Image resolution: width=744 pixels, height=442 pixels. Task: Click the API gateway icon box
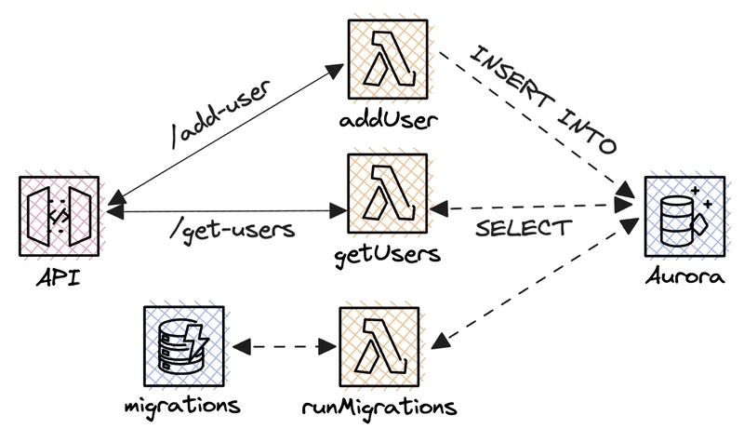(60, 217)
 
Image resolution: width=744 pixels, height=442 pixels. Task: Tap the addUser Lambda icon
(388, 60)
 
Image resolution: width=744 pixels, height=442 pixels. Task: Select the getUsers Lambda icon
(388, 194)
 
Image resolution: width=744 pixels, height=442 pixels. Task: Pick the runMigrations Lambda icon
(379, 346)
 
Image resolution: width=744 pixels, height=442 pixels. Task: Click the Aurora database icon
(684, 217)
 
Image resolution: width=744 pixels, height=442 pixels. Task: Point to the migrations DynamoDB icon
(184, 346)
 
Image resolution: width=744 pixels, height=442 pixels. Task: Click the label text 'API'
(59, 277)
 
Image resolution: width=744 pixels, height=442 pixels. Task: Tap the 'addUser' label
(388, 120)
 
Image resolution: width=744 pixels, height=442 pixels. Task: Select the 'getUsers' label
(388, 255)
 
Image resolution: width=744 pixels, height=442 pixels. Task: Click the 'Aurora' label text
(684, 275)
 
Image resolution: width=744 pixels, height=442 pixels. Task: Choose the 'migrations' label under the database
(182, 407)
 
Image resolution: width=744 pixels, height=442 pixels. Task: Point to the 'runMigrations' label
(379, 407)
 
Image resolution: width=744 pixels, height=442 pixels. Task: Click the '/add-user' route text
(222, 114)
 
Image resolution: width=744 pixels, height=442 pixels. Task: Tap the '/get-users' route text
(232, 230)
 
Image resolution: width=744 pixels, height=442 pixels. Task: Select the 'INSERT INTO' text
(542, 100)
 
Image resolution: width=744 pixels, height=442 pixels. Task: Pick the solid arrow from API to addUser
(226, 134)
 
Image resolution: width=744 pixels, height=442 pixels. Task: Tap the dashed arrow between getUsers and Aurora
(531, 207)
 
